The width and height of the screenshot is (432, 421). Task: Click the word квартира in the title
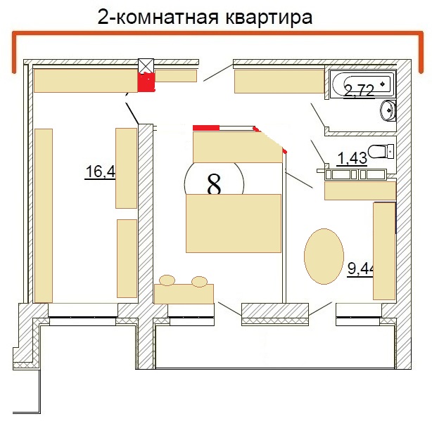pos(269,17)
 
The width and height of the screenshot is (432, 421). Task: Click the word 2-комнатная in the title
pos(158,17)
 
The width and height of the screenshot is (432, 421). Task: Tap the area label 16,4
pos(101,171)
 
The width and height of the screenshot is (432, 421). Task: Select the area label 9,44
pos(361,268)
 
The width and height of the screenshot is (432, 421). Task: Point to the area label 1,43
pos(352,158)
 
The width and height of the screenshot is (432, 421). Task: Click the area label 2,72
pos(360,91)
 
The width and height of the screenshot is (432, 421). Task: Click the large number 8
pos(214,184)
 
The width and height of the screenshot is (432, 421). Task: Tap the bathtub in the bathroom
pos(362,84)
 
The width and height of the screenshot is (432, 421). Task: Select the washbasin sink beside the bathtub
pos(388,110)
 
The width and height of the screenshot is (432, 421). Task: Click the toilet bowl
pos(381,151)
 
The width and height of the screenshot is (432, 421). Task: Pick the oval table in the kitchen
pos(324,256)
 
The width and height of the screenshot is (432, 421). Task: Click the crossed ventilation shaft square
pos(146,66)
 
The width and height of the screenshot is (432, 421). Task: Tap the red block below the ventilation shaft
pos(146,82)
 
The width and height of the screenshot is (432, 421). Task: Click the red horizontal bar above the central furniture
pos(206,128)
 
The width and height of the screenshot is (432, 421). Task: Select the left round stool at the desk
pos(167,280)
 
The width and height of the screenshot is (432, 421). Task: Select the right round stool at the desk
pos(199,282)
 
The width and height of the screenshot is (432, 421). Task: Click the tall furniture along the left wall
pos(44,216)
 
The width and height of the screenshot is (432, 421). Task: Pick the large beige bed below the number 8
pos(234,224)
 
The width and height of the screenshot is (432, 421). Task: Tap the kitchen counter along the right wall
pos(384,251)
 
